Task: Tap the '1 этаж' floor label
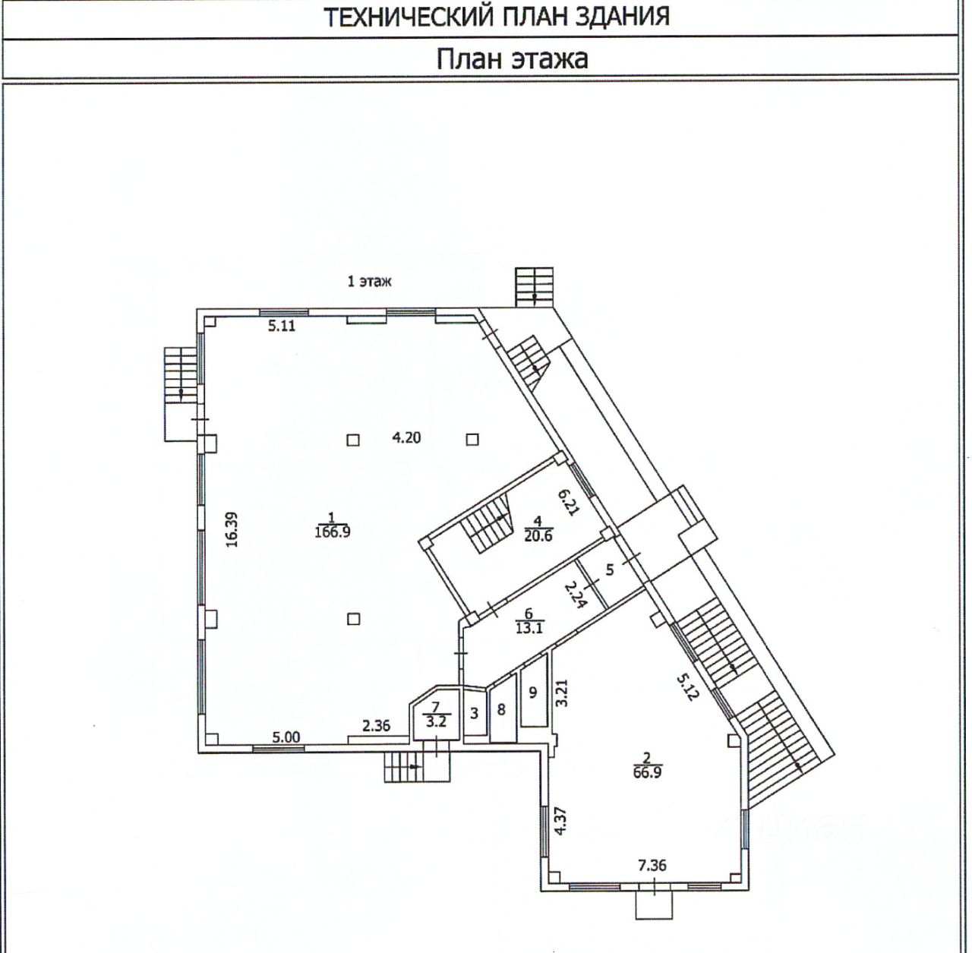(369, 282)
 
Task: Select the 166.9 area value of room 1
(332, 532)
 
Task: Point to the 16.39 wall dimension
(232, 529)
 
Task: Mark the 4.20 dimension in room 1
(406, 437)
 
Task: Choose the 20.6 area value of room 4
(538, 535)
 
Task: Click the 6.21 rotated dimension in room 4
(569, 502)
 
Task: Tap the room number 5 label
(609, 568)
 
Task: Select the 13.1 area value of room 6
(530, 626)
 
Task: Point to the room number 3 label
(474, 714)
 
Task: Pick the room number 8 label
(500, 710)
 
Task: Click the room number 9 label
(532, 692)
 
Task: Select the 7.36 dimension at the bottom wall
(652, 865)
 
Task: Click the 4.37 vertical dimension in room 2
(561, 821)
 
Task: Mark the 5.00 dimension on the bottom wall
(286, 737)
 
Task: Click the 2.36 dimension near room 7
(376, 726)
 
